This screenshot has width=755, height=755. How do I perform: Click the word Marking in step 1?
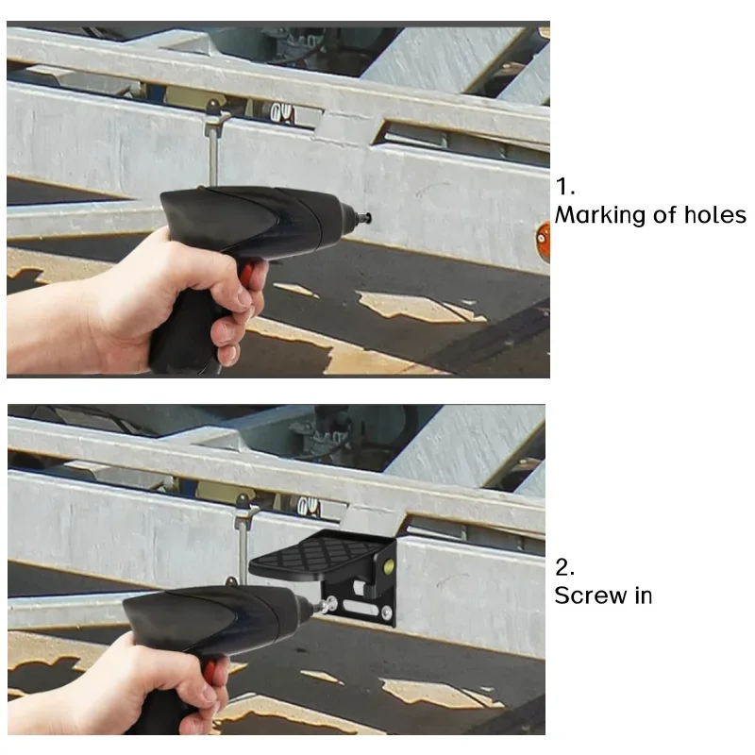tap(599, 216)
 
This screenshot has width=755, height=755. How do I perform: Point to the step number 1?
tap(564, 186)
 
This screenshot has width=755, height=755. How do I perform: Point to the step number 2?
tap(564, 567)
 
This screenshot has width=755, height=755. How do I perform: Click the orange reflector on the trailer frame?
tap(545, 242)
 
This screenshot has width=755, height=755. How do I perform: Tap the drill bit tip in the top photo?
tap(368, 218)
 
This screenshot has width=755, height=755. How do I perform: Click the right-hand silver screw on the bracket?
tap(386, 613)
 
